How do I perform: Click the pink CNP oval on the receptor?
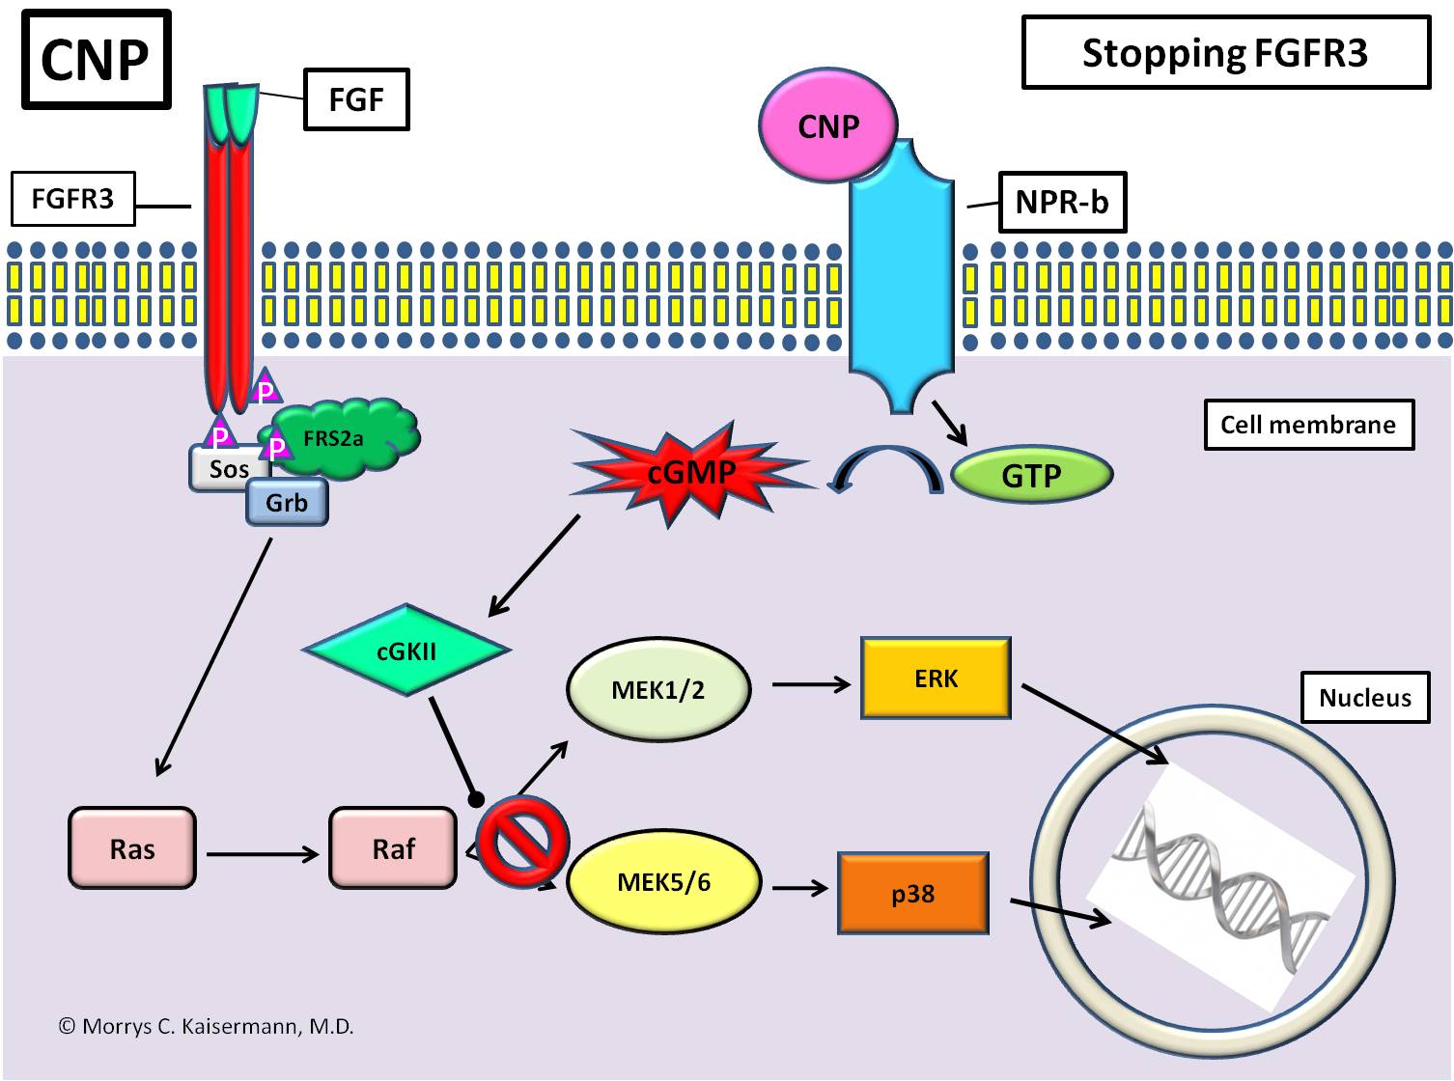[x=828, y=126]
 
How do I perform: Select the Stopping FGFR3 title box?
[x=1225, y=53]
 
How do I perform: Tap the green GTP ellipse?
[x=1031, y=475]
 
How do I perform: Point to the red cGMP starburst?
[x=691, y=472]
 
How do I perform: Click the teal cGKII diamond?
[x=406, y=651]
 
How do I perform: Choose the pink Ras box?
[x=132, y=848]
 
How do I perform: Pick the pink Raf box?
[x=393, y=848]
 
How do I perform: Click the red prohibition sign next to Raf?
[x=522, y=841]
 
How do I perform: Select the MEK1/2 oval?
[x=658, y=689]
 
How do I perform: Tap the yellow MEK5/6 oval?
[x=663, y=882]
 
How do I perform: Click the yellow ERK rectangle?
[x=936, y=679]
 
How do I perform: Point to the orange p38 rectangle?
[x=912, y=893]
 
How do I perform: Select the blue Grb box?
[x=287, y=503]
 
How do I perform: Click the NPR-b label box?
[x=1062, y=203]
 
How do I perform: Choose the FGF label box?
[x=356, y=99]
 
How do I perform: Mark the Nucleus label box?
[x=1364, y=698]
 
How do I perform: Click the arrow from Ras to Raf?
[x=262, y=854]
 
